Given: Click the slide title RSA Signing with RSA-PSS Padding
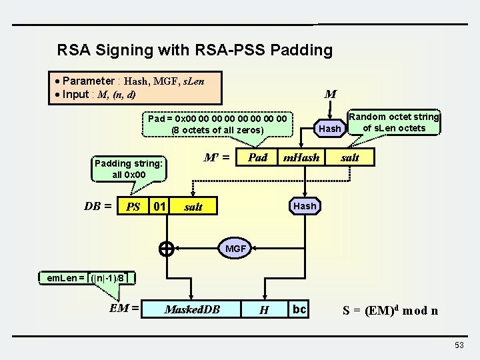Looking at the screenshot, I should click(x=195, y=50).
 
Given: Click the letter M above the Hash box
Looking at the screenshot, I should click(x=330, y=95).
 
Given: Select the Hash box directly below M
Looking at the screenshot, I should click(x=330, y=128).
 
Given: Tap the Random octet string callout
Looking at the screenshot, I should click(x=394, y=123).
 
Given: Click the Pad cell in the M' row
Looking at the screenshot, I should click(x=257, y=157).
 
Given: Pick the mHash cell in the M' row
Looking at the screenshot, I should click(x=301, y=157).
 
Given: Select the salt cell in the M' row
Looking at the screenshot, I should click(x=350, y=157).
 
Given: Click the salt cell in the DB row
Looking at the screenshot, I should click(x=193, y=207).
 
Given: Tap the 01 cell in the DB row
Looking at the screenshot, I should click(x=159, y=206).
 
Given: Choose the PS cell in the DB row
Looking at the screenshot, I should click(x=133, y=207).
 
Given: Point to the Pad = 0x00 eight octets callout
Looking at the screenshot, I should click(x=218, y=124).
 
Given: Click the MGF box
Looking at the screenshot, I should click(x=235, y=249).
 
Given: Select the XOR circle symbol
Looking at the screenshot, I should click(x=167, y=249).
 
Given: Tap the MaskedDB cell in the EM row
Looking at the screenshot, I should click(x=192, y=309).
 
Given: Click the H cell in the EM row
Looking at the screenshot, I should click(x=264, y=309).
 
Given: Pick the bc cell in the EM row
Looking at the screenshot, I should click(x=299, y=309).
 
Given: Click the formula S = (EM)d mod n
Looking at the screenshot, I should click(x=390, y=310).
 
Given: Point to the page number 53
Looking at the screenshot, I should click(x=459, y=345).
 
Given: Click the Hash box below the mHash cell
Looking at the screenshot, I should click(x=305, y=206).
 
